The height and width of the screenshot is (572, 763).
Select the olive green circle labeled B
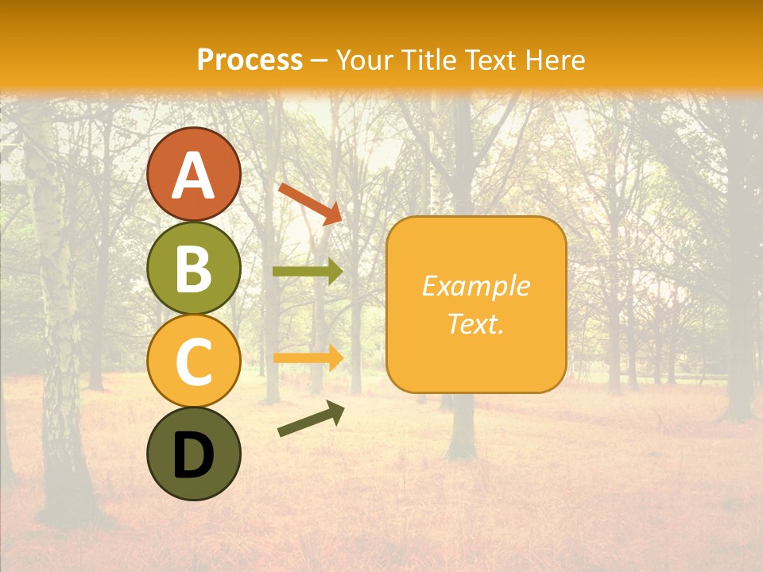point(194,268)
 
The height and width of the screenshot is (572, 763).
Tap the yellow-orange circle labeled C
point(194,361)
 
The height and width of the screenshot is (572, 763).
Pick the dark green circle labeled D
point(194,454)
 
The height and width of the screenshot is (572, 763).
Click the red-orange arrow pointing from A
point(310,203)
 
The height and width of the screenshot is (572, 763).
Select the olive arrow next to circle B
point(308,272)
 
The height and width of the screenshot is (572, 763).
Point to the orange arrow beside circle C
point(308,357)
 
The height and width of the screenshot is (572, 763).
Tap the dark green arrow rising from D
point(311,419)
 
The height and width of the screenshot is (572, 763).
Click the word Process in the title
point(250,60)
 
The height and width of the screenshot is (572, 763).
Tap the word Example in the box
point(475,286)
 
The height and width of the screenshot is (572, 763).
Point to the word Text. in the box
point(475,323)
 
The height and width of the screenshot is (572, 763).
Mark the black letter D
point(194,455)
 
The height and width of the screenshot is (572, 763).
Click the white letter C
point(194,362)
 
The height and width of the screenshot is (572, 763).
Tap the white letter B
point(194,269)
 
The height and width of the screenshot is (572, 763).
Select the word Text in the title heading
point(491,60)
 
